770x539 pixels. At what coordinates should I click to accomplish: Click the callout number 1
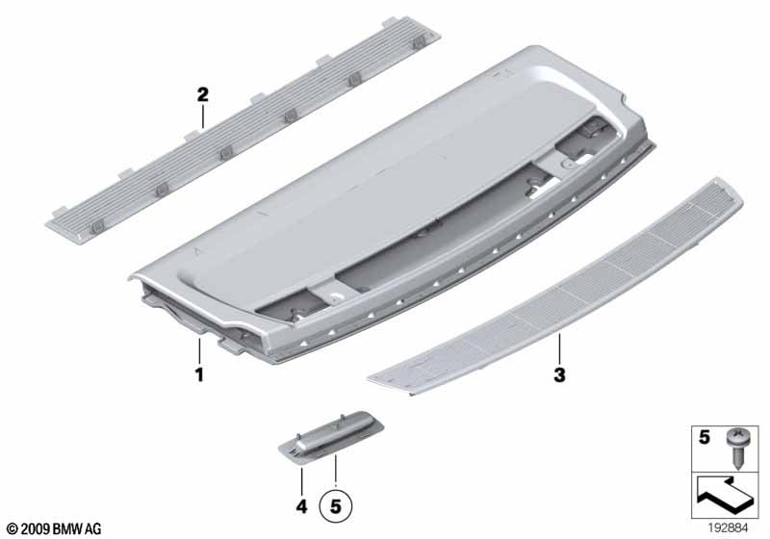(x=199, y=375)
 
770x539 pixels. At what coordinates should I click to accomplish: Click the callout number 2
(x=203, y=94)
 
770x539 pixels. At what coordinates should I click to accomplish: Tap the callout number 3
(x=559, y=375)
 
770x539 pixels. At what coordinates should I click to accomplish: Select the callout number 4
(x=301, y=506)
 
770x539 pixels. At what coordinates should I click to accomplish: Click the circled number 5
(x=335, y=506)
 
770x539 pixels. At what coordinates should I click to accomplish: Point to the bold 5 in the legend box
(x=705, y=437)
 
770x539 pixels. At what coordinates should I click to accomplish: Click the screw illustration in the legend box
(x=735, y=448)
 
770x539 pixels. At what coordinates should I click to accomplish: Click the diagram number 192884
(x=728, y=528)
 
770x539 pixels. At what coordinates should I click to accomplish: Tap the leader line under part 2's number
(x=203, y=115)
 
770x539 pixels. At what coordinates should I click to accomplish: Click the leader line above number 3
(x=559, y=349)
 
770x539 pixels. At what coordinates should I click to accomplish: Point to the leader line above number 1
(x=199, y=351)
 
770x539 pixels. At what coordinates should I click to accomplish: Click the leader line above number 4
(x=301, y=481)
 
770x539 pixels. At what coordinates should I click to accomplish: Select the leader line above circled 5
(x=335, y=471)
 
